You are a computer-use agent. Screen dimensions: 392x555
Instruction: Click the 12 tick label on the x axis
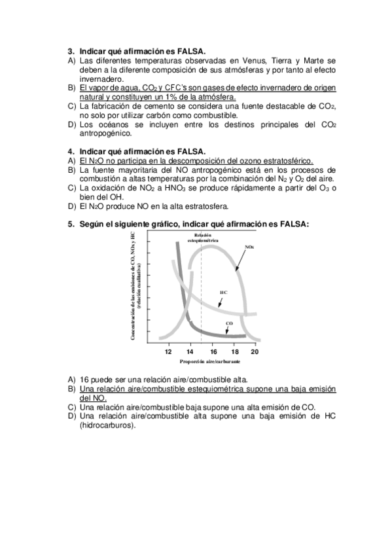(169, 351)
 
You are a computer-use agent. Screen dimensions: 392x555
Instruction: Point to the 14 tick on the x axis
(190, 351)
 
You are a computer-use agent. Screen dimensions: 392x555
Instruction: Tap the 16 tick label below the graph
(213, 351)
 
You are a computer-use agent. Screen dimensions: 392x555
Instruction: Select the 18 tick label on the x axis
(234, 351)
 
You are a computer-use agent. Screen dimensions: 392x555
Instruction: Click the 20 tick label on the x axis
(255, 351)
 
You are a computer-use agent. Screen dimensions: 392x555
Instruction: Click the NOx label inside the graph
(249, 247)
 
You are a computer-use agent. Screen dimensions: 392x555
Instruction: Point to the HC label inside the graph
(223, 293)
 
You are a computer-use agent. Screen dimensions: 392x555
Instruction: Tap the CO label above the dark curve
(229, 323)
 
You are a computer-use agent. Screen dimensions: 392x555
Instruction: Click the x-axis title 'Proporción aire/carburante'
(210, 361)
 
